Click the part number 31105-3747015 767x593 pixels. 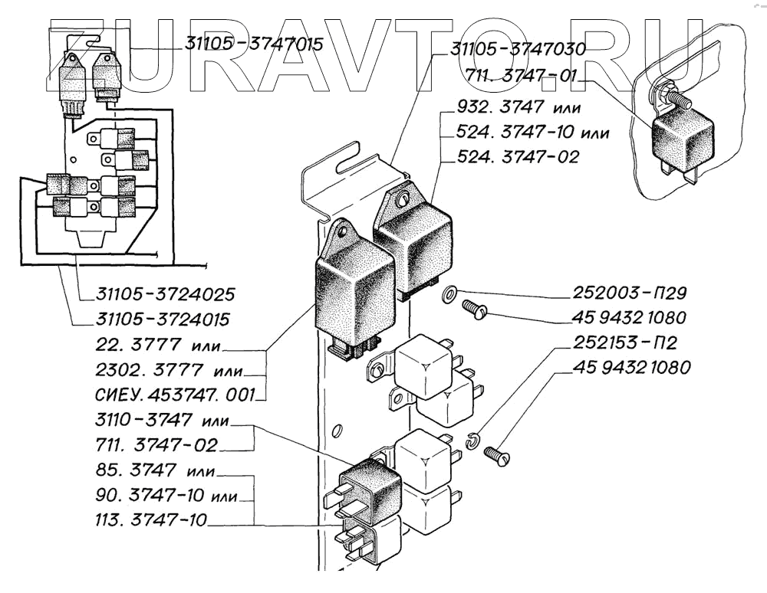pyautogui.click(x=253, y=44)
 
